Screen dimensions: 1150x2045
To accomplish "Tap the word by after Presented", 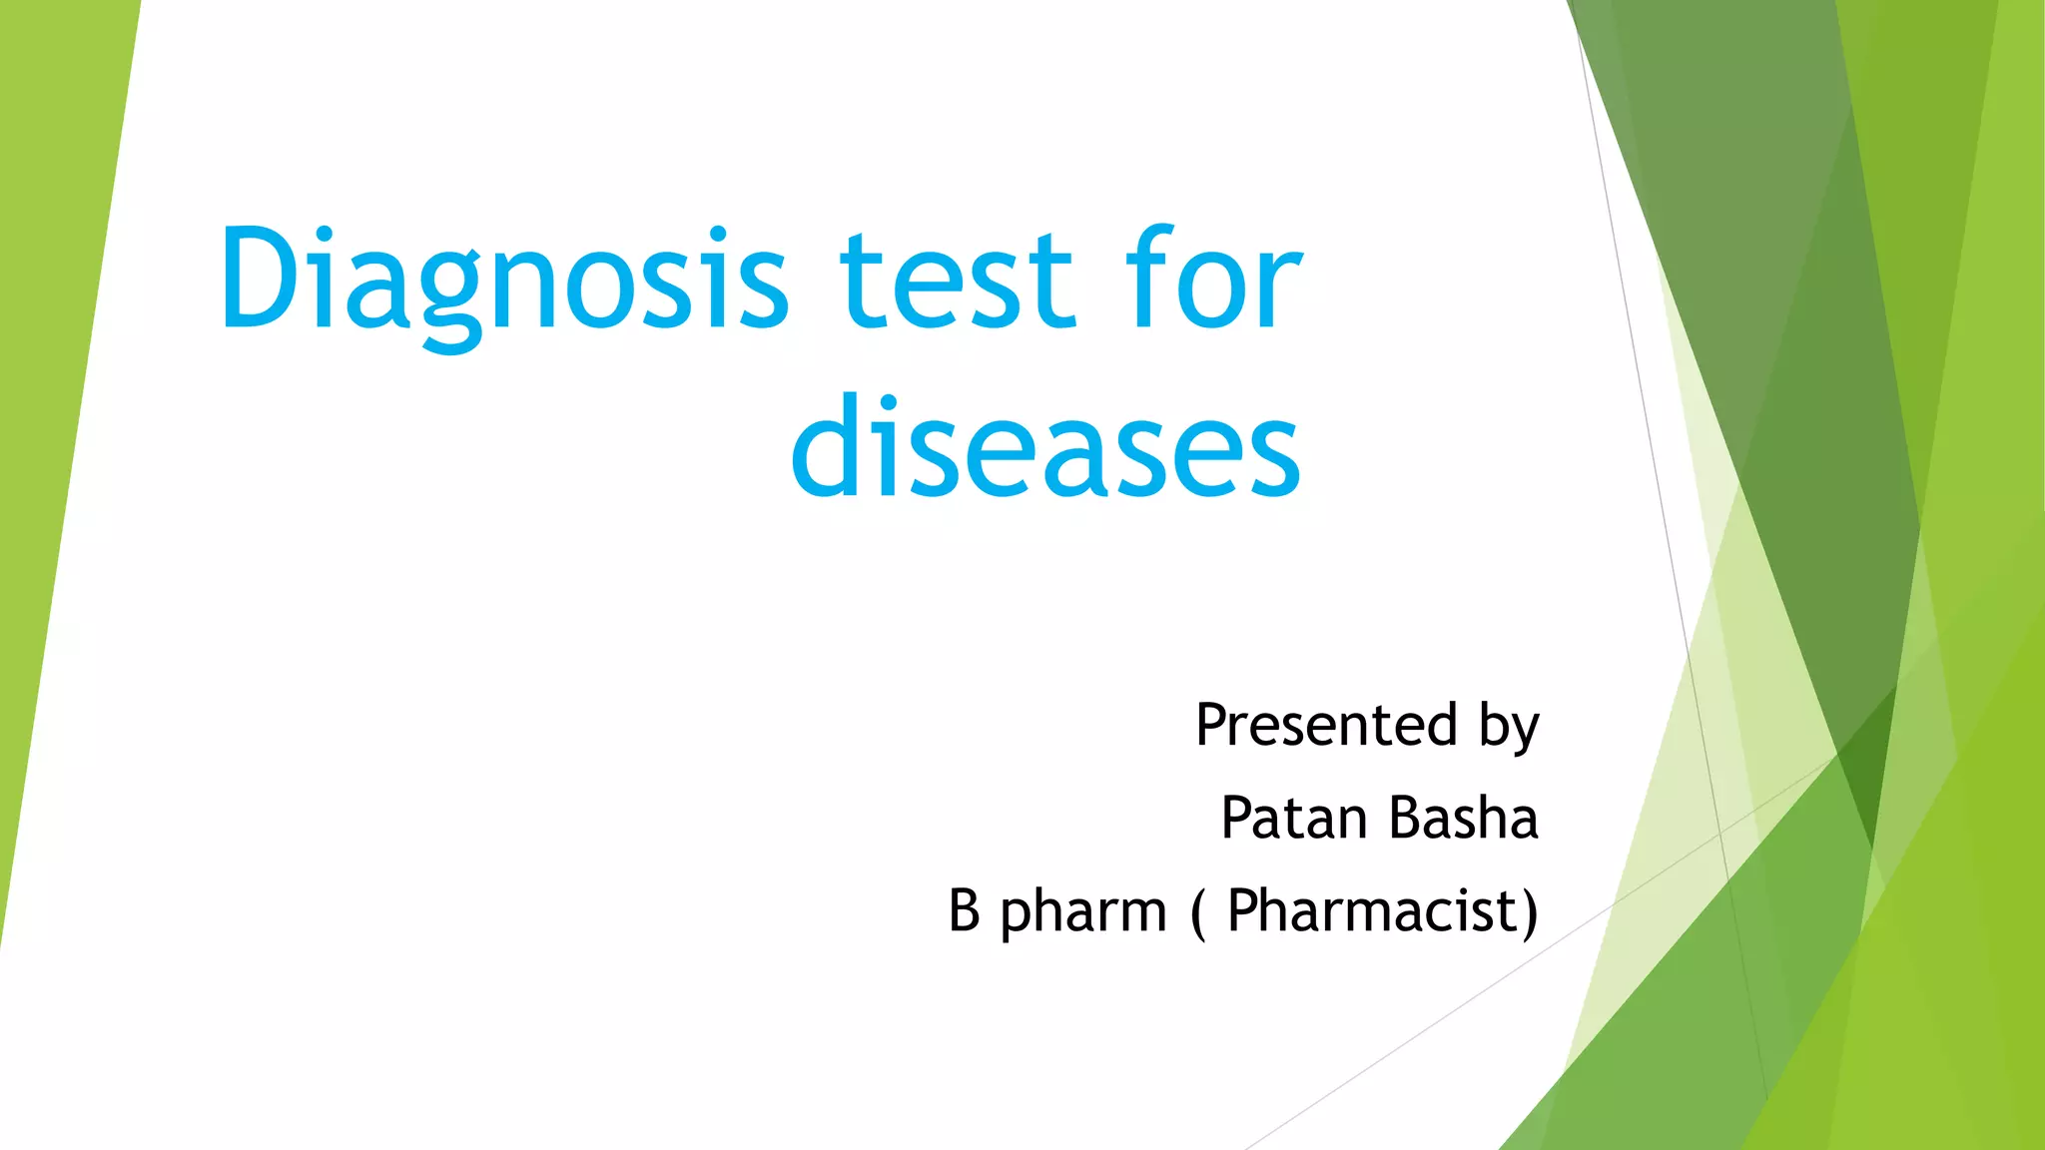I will [1509, 727].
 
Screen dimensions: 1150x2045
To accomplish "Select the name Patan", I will [1294, 819].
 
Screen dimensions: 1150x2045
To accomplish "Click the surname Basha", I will [1464, 819].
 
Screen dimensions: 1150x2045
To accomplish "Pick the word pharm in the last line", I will [1083, 912].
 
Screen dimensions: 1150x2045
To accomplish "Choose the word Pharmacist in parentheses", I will [1372, 910].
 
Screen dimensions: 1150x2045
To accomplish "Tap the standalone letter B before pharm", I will [964, 910].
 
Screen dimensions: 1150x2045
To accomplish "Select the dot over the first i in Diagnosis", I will [323, 235].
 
